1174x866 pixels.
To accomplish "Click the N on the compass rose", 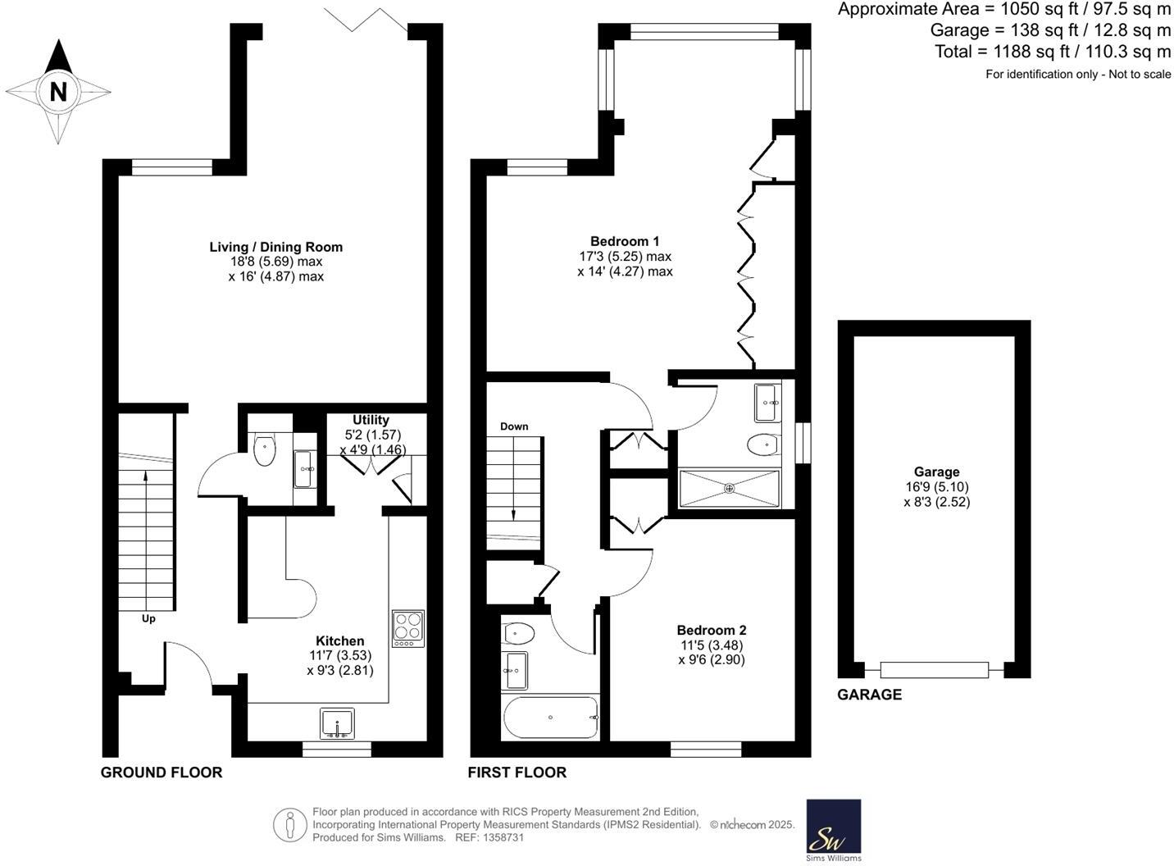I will pyautogui.click(x=58, y=91).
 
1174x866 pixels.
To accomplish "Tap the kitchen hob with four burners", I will pyautogui.click(x=408, y=628).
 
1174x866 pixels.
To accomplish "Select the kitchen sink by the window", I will pyautogui.click(x=337, y=723).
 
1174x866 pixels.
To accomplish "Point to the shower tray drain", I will pyautogui.click(x=730, y=488).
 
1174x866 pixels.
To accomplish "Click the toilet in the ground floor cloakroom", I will pyautogui.click(x=265, y=450).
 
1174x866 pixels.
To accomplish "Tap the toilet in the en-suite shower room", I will pyautogui.click(x=762, y=444).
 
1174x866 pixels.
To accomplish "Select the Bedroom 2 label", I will pyautogui.click(x=711, y=630).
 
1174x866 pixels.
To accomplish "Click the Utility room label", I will pyautogui.click(x=371, y=420).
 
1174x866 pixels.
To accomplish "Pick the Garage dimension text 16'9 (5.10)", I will pyautogui.click(x=936, y=487).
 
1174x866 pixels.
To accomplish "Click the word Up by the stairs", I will pyautogui.click(x=148, y=618).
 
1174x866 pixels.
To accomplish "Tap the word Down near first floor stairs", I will pyautogui.click(x=514, y=426).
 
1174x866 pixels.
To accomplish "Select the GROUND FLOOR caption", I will pyautogui.click(x=162, y=773).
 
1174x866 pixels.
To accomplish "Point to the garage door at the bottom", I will pyautogui.click(x=935, y=670).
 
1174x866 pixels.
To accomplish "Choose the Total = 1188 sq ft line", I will pyautogui.click(x=1053, y=52).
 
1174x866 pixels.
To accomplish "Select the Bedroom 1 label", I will pyautogui.click(x=625, y=241).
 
